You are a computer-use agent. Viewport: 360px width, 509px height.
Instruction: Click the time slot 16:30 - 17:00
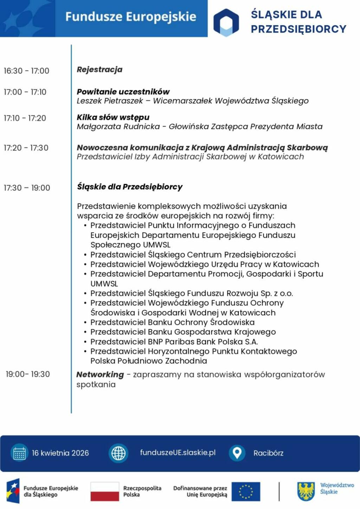tap(26, 71)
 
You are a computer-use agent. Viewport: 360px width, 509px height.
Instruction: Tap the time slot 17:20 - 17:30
tap(26, 148)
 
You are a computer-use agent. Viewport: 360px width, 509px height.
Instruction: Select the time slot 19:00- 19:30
tap(28, 374)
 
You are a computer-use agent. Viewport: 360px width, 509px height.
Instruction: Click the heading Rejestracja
tap(99, 69)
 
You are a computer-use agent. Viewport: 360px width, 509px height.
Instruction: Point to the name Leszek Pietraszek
tap(110, 101)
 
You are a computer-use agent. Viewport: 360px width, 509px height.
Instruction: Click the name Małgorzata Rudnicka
tap(118, 127)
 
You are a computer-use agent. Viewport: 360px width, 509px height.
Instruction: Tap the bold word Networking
tap(100, 375)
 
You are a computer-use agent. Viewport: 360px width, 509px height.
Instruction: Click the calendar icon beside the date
tap(19, 453)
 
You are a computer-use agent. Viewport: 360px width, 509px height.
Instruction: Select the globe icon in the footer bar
tap(118, 453)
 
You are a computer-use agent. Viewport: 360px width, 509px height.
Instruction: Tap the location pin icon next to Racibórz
tap(237, 453)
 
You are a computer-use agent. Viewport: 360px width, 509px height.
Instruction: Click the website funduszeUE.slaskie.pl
tap(178, 452)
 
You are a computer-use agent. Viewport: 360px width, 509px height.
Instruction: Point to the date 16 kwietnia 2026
tap(60, 453)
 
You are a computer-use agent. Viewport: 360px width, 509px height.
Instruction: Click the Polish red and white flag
tap(105, 491)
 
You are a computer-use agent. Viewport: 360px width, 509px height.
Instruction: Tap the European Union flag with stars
tap(246, 491)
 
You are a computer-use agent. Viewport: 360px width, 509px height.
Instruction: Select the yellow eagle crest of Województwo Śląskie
tap(306, 491)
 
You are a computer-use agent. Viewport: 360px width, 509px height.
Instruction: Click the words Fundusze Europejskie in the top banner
tap(130, 17)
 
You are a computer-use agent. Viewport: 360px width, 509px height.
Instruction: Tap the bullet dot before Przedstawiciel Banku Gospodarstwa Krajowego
tap(85, 332)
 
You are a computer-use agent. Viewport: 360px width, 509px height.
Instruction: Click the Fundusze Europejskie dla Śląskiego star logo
tap(13, 491)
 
